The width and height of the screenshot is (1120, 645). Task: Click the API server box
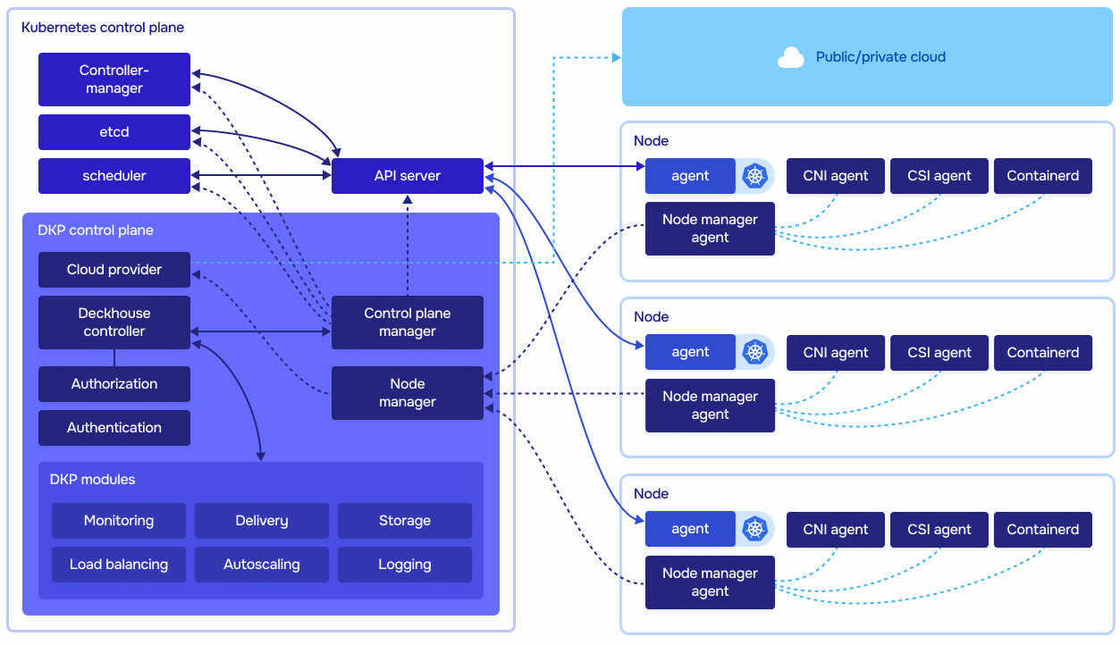[407, 176]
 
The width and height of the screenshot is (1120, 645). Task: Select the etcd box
[114, 132]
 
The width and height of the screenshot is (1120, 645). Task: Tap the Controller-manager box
[114, 80]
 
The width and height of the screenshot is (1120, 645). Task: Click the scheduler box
[114, 176]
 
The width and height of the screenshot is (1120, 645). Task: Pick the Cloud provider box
[114, 270]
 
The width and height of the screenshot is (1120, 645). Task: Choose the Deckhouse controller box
[114, 322]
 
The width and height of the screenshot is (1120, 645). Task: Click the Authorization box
[114, 384]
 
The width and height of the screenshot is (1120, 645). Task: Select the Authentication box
[114, 428]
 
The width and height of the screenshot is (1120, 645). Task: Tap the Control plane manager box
[407, 322]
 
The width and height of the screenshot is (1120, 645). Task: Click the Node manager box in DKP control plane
[407, 393]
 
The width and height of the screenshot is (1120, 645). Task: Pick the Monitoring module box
[119, 521]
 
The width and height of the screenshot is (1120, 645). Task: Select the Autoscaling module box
[262, 565]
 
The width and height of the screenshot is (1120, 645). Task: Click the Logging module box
[405, 565]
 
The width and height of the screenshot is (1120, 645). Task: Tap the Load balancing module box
[119, 565]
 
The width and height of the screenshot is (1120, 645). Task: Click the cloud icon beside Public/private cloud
[790, 57]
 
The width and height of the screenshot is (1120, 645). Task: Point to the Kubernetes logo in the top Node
[755, 176]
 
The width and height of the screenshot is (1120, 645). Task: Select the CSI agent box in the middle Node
[939, 353]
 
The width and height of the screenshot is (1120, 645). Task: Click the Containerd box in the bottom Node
[1042, 530]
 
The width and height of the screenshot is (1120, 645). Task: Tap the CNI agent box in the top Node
[835, 176]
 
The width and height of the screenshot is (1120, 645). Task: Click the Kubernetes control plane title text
[103, 28]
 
